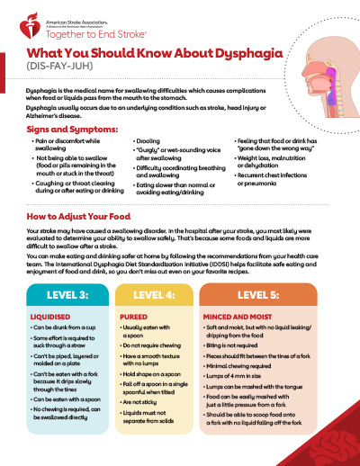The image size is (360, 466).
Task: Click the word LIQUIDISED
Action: click(49, 318)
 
